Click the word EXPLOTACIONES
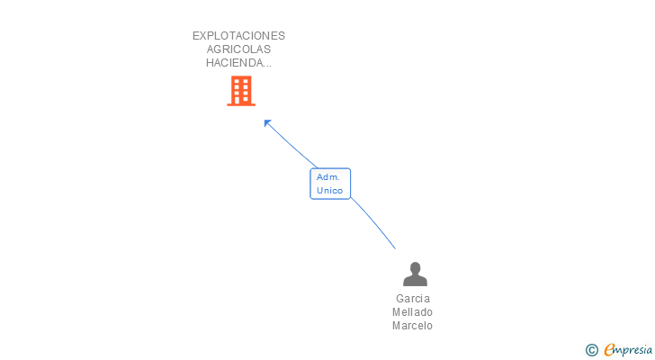(x=238, y=36)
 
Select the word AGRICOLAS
(x=238, y=49)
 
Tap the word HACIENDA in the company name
(x=234, y=63)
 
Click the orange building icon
(x=241, y=91)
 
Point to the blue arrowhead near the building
(x=267, y=123)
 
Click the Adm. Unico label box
(x=330, y=184)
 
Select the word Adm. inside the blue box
(x=328, y=177)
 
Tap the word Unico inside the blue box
(x=329, y=191)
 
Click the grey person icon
(x=415, y=274)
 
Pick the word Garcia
(x=413, y=299)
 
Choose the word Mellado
(x=412, y=312)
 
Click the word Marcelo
(x=412, y=325)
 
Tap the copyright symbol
(x=592, y=350)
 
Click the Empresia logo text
(x=628, y=349)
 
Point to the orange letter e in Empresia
(x=609, y=349)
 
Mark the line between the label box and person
(x=372, y=222)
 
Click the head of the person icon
(x=415, y=268)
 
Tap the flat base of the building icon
(x=241, y=104)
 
